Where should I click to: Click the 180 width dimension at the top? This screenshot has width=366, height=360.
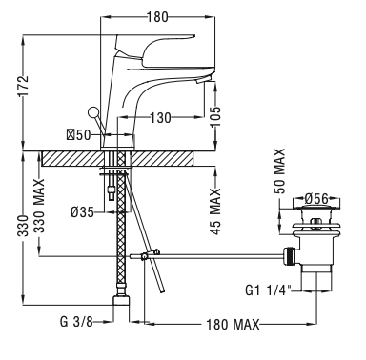[x=157, y=17]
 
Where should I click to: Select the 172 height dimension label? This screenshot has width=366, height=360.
[x=23, y=86]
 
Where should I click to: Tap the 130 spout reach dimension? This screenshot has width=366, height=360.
[x=160, y=118]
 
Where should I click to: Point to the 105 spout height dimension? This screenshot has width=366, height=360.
[x=215, y=116]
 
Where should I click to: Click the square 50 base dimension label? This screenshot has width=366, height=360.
[x=78, y=135]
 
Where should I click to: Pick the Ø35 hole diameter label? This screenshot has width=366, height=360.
[x=82, y=212]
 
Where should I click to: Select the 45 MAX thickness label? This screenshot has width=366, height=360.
[x=215, y=211]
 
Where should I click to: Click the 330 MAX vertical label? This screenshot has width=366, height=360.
[x=39, y=206]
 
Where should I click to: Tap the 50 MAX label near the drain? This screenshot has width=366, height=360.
[x=279, y=170]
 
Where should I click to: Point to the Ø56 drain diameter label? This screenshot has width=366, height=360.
[x=316, y=199]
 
